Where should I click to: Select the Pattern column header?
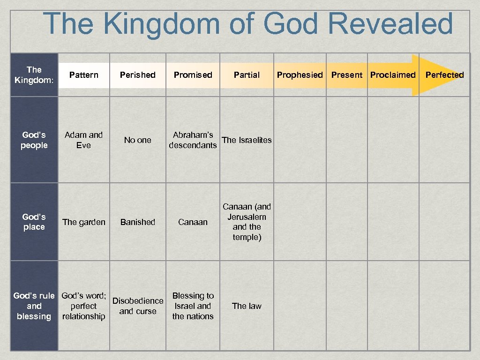pos(83,75)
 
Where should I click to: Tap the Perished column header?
pos(137,75)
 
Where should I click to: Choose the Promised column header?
pos(193,75)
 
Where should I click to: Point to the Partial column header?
pos(247,75)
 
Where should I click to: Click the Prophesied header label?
pos(300,75)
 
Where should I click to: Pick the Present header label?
pos(346,75)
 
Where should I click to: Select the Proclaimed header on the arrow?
pos(393,75)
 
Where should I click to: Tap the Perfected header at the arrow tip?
pos(444,75)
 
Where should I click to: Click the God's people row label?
pos(34,140)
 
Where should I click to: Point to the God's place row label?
pos(34,222)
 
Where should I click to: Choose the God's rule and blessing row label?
pos(34,306)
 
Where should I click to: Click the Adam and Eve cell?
pos(83,140)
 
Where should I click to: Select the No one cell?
pos(137,140)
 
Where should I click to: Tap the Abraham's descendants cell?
pos(193,140)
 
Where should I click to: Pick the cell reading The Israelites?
pos(247,140)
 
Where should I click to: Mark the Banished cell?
pos(137,222)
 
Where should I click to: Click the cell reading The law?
pos(247,306)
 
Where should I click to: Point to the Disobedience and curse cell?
pos(137,306)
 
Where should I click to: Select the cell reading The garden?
pos(83,222)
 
